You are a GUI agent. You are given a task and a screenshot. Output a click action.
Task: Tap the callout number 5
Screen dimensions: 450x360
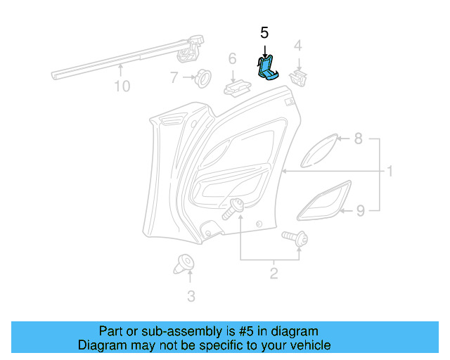pyautogui.click(x=264, y=32)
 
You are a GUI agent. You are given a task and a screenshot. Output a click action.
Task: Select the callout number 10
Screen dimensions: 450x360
pyautogui.click(x=122, y=86)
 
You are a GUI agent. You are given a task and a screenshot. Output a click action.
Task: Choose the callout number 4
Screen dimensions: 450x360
pyautogui.click(x=297, y=46)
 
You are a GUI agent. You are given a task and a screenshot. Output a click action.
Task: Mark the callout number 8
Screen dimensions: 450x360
pyautogui.click(x=358, y=139)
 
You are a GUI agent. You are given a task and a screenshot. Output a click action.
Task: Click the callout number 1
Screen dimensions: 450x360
pyautogui.click(x=389, y=172)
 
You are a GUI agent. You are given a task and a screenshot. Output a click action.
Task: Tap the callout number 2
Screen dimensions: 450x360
pyautogui.click(x=272, y=271)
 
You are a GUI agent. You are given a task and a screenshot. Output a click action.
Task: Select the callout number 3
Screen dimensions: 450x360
pyautogui.click(x=191, y=296)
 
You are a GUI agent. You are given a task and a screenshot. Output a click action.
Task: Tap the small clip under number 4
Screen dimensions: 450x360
pyautogui.click(x=301, y=77)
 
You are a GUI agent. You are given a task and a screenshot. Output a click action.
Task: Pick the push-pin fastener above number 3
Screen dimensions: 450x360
pyautogui.click(x=184, y=264)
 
